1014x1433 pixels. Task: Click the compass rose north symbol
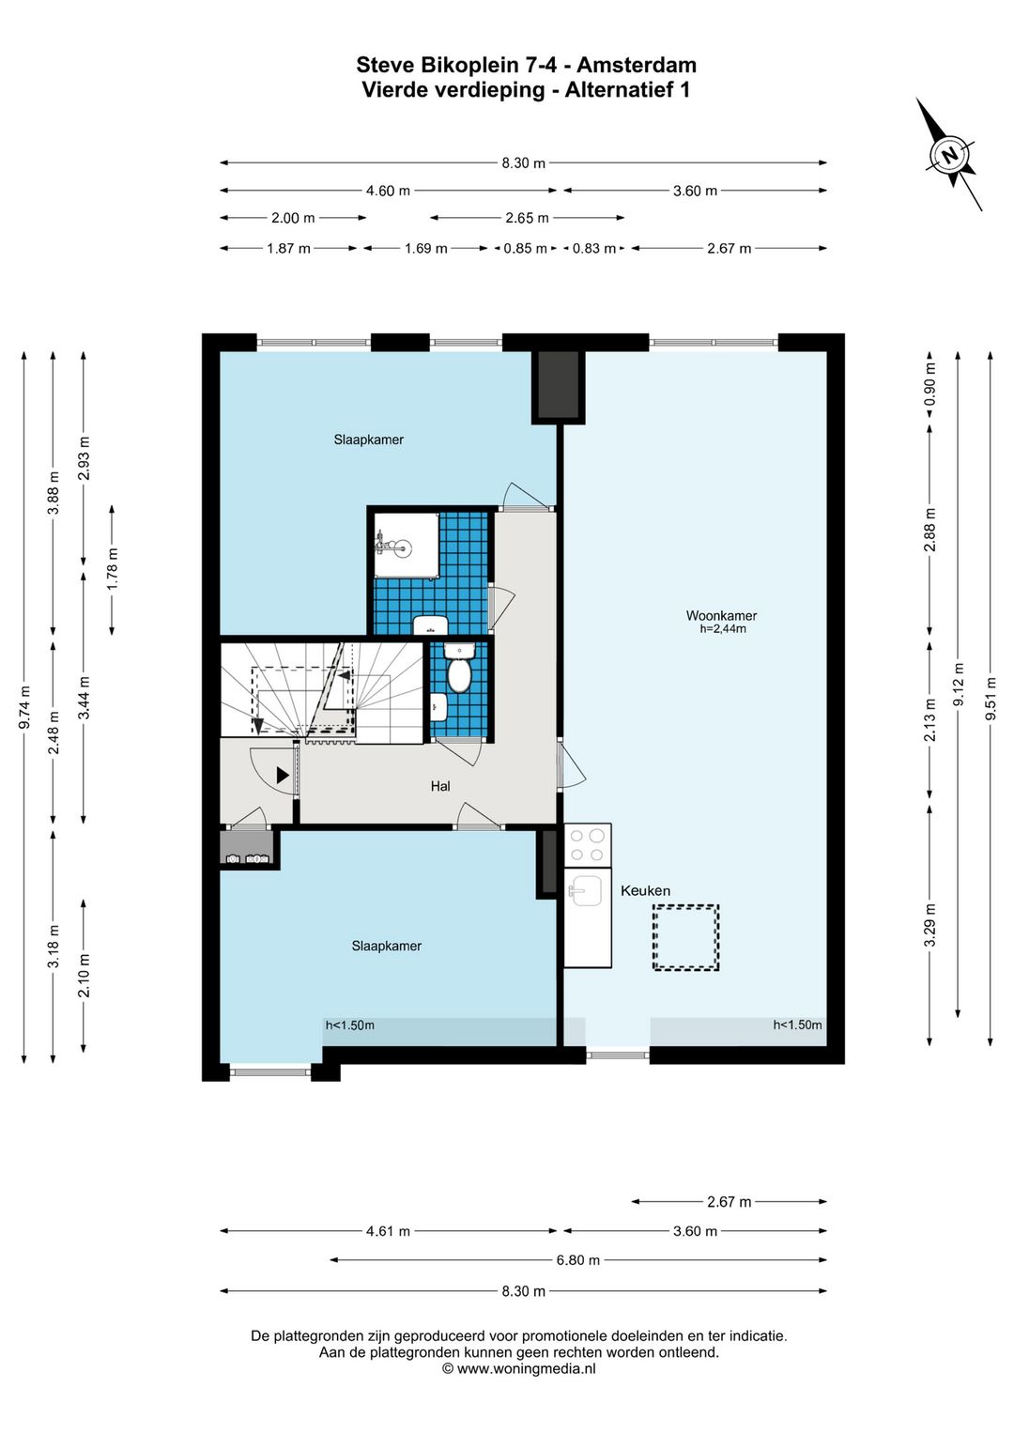[950, 156]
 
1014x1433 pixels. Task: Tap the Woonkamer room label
[721, 615]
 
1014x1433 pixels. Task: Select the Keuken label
[645, 890]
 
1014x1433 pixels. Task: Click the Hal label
[440, 786]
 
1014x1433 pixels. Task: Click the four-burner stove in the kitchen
[588, 845]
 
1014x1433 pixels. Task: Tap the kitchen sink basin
[585, 890]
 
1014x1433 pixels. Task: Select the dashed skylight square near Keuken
[685, 937]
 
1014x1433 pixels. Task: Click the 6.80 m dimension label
[577, 1259]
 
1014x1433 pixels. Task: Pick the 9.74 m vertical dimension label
[24, 707]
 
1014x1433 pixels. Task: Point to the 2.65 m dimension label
[527, 218]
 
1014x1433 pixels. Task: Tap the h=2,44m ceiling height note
[722, 629]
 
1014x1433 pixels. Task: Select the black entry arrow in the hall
[282, 776]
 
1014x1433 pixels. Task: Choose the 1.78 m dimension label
[112, 569]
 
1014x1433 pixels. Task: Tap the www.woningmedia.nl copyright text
[519, 1368]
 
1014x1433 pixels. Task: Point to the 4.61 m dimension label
[388, 1231]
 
